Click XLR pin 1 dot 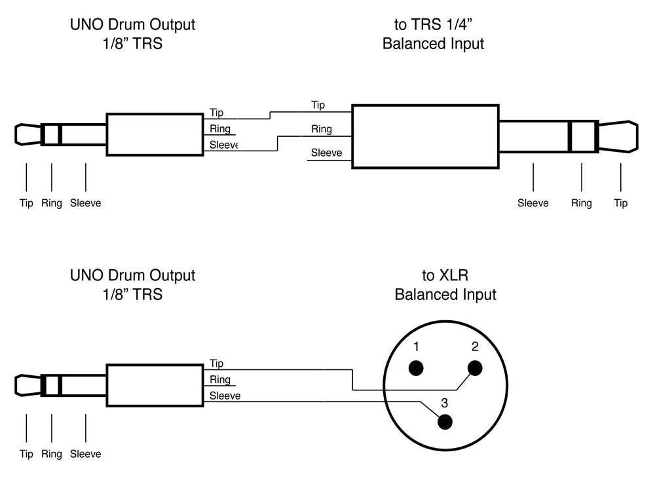pyautogui.click(x=416, y=369)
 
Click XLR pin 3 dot pyautogui.click(x=445, y=422)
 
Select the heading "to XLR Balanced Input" pyautogui.click(x=445, y=284)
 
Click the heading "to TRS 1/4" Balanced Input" pyautogui.click(x=433, y=35)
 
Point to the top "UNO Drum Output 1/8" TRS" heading pyautogui.click(x=132, y=35)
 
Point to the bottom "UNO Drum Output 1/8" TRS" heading pyautogui.click(x=132, y=284)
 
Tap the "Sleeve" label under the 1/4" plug pyautogui.click(x=533, y=203)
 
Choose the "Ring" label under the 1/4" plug pyautogui.click(x=581, y=203)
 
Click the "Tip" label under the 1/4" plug pyautogui.click(x=620, y=203)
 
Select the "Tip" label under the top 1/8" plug pyautogui.click(x=26, y=203)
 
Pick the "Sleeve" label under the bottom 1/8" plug pyautogui.click(x=85, y=454)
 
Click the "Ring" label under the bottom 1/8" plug pyautogui.click(x=51, y=454)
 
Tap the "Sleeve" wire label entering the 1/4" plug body pyautogui.click(x=326, y=153)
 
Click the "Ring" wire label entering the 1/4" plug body pyautogui.click(x=321, y=130)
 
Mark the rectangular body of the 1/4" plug pyautogui.click(x=425, y=136)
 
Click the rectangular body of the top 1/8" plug pyautogui.click(x=154, y=135)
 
